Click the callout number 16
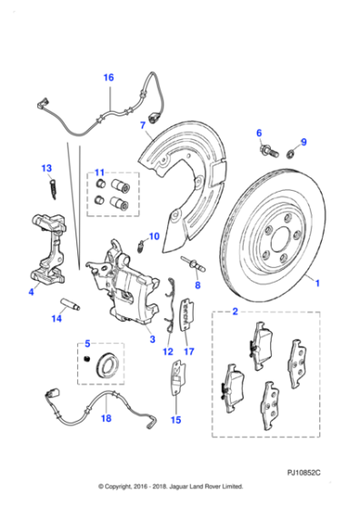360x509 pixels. click(108, 78)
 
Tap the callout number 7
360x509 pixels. click(142, 125)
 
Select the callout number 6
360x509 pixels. click(258, 133)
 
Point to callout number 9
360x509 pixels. click(305, 142)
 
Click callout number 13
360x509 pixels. click(45, 168)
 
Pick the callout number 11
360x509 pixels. click(101, 172)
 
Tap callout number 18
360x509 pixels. click(105, 418)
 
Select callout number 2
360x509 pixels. click(235, 313)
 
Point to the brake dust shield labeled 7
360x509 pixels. click(186, 177)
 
